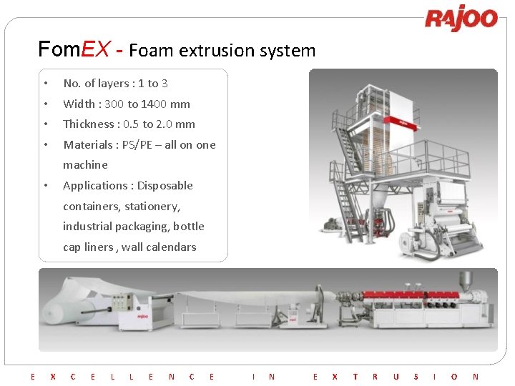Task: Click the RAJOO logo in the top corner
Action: point(461,19)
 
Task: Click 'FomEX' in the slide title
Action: point(74,50)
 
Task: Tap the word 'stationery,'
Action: point(152,207)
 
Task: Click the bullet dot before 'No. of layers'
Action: point(44,84)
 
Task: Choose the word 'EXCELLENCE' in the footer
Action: point(122,376)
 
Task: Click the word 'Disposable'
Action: point(165,186)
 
